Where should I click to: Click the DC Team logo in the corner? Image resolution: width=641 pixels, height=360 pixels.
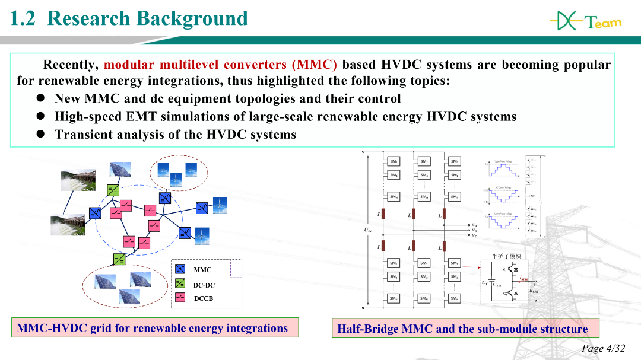pos(585,22)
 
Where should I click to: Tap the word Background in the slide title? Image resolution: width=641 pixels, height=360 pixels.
pos(191,18)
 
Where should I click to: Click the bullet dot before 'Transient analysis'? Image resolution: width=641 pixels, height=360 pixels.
pos(42,134)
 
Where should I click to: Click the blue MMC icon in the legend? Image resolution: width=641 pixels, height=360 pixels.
pos(182,270)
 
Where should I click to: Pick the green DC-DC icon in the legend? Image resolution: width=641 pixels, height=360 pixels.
pos(182,284)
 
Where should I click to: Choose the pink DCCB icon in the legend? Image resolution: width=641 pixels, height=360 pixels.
pos(182,298)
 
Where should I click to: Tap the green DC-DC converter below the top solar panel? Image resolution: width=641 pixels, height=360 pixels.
pos(113,190)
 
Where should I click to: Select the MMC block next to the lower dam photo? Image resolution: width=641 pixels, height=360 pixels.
pos(95,212)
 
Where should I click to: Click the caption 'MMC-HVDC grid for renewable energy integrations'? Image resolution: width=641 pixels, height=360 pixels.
pos(153,328)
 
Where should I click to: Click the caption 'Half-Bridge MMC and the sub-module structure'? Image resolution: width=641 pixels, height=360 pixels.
pos(462,329)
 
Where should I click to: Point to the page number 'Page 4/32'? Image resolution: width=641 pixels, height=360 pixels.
pos(603,348)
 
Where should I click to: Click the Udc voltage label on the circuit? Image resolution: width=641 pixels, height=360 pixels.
pos(368,230)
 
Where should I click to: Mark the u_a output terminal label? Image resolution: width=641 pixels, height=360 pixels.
pos(473,225)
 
